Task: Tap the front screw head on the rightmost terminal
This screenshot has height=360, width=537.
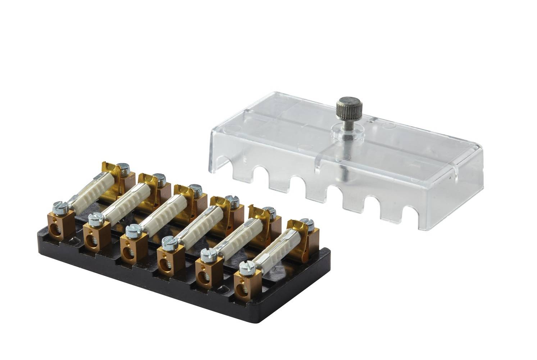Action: (247, 267)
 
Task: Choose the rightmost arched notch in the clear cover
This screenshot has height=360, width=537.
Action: (407, 215)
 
